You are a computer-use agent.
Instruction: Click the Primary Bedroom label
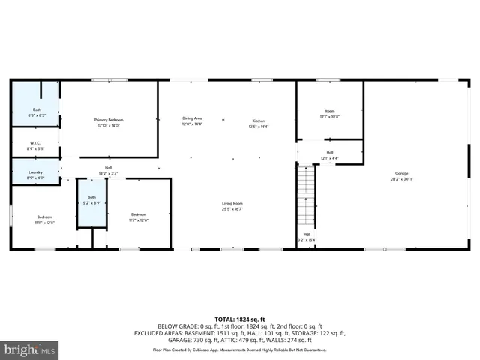(109, 120)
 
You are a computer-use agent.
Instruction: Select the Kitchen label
(259, 121)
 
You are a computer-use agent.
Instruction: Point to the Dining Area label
(193, 118)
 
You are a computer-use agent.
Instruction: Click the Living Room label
(232, 203)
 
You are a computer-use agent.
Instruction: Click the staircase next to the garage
(307, 199)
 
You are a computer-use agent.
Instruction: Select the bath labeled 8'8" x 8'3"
(37, 112)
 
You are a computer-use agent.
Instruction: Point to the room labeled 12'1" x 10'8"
(330, 113)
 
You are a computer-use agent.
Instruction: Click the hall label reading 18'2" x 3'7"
(109, 170)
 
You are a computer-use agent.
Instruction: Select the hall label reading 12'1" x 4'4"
(330, 154)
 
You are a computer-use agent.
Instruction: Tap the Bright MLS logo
(30, 349)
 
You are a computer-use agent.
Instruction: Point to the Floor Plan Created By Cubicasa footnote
(240, 349)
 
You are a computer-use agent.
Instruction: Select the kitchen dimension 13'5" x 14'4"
(259, 127)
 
